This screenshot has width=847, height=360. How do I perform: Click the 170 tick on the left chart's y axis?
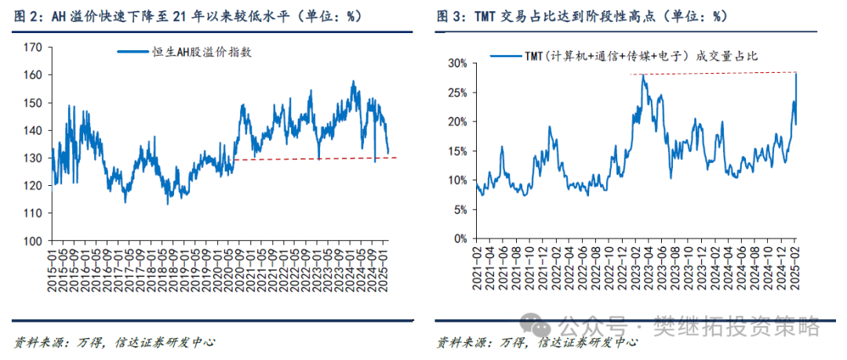click(x=34, y=47)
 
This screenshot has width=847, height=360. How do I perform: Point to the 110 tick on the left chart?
click(x=34, y=213)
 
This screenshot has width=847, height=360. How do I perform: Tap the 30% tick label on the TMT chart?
click(x=458, y=63)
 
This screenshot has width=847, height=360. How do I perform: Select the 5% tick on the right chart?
click(x=460, y=209)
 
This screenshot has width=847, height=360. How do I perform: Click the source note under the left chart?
click(x=115, y=342)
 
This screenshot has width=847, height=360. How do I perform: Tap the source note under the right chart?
click(x=536, y=342)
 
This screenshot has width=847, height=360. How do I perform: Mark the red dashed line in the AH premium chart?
click(x=314, y=158)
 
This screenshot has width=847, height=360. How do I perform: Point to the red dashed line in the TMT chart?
click(x=714, y=74)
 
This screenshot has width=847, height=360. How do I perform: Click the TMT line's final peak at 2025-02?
click(x=796, y=74)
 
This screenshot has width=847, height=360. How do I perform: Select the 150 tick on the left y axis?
click(x=34, y=103)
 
